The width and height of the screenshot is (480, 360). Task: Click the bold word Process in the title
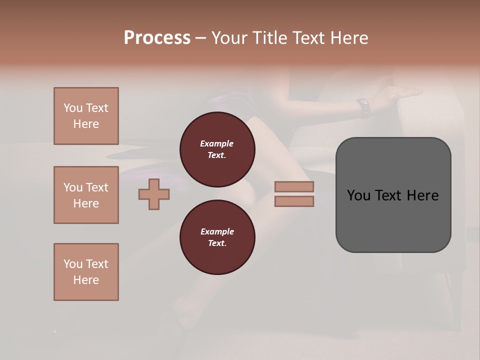(x=157, y=38)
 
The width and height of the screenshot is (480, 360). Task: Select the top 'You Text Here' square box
(x=86, y=116)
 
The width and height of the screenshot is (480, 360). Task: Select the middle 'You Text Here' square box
(x=86, y=195)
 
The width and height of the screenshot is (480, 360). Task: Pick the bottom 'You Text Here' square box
(x=86, y=272)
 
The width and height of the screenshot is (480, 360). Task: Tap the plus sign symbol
(x=154, y=194)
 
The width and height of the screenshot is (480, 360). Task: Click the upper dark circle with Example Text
(x=217, y=149)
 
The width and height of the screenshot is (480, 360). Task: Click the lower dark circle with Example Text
(x=217, y=237)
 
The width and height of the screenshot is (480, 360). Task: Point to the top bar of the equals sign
(x=294, y=187)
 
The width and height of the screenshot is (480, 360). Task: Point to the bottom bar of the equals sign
(x=294, y=201)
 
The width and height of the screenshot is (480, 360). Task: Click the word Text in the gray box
(x=389, y=195)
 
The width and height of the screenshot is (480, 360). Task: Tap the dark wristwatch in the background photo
(x=363, y=107)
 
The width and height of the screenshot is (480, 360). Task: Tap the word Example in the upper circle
(x=217, y=143)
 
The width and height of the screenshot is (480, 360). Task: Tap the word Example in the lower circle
(x=217, y=231)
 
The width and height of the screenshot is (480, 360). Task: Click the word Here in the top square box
(x=86, y=124)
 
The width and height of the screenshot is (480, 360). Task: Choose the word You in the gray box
(x=358, y=195)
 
